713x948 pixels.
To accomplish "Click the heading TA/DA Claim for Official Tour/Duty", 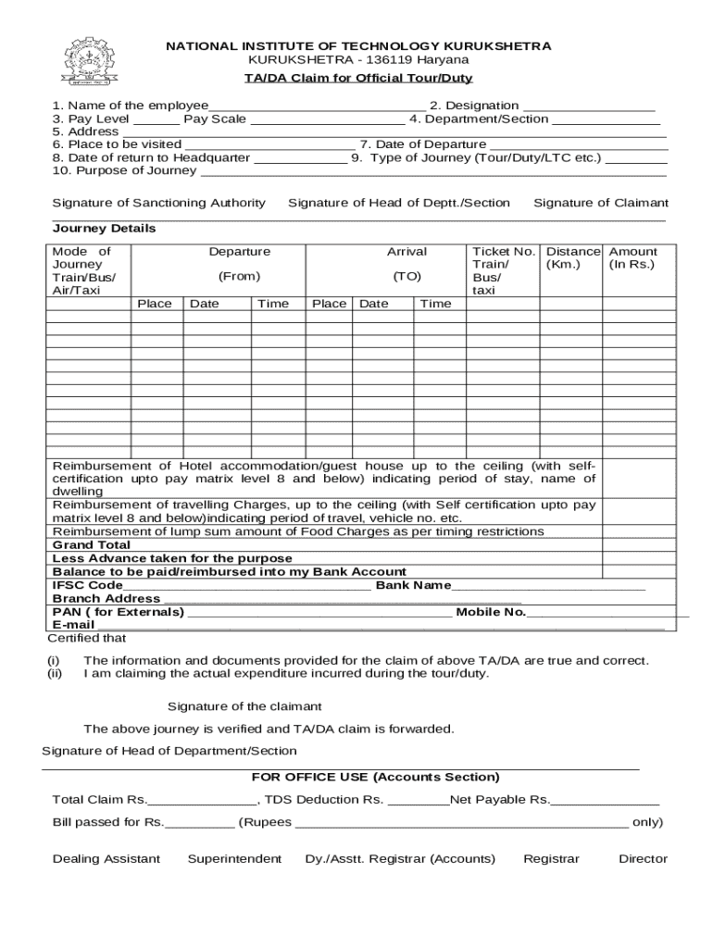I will pos(358,78).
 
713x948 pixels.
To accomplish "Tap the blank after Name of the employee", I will pos(317,106).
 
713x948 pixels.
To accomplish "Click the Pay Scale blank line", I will pos(327,119).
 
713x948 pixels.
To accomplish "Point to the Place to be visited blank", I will pos(269,145).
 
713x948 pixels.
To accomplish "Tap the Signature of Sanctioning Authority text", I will pos(158,203).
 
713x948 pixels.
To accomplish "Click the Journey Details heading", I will pos(104,229).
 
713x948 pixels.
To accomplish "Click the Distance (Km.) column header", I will pos(572,258).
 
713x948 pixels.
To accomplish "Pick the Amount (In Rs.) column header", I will pos(632,258).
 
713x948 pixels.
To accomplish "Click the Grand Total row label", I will pos(92,545).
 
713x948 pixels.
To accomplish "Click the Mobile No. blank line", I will pos(607,612).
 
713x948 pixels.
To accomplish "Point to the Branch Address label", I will pos(93,599).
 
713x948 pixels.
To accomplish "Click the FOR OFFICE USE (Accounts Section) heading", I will pos(375,777).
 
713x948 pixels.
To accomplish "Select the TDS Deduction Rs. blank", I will pos(418,800).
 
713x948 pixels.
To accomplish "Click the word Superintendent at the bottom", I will pos(234,859).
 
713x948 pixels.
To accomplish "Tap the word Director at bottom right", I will pos(643,859).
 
